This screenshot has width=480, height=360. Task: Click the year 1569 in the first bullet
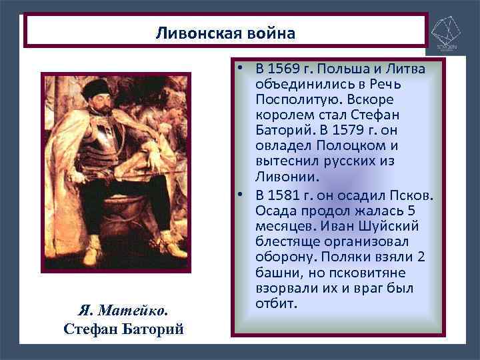click(286, 69)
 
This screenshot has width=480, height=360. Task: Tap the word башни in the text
click(273, 273)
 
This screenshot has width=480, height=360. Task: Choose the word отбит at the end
click(275, 304)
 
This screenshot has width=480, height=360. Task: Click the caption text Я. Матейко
click(123, 310)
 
